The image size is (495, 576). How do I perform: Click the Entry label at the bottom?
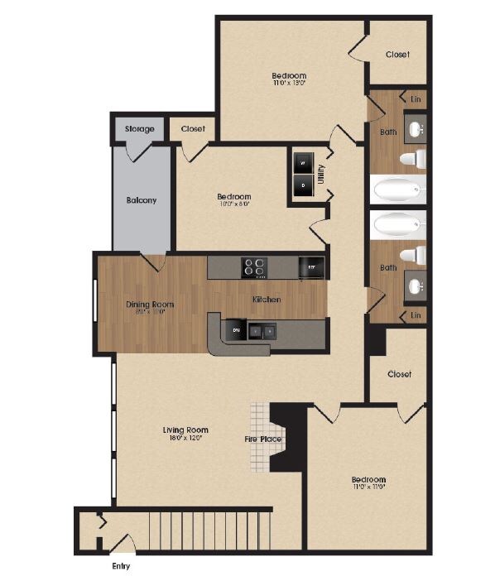(120, 567)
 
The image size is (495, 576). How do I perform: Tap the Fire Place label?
(262, 439)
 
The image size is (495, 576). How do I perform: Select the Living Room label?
(185, 430)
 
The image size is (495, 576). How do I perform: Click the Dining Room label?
(151, 305)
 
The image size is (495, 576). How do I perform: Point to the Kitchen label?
(266, 299)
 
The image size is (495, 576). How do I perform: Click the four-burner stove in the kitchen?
(254, 267)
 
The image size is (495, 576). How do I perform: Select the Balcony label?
(142, 200)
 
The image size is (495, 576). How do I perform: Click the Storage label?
(139, 129)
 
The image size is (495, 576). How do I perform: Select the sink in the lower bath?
(416, 286)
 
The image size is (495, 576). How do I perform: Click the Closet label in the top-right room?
(397, 55)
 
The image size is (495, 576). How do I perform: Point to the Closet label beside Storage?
(193, 129)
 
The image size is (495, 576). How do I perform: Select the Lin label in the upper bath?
(416, 99)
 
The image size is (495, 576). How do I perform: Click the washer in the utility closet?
(302, 164)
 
